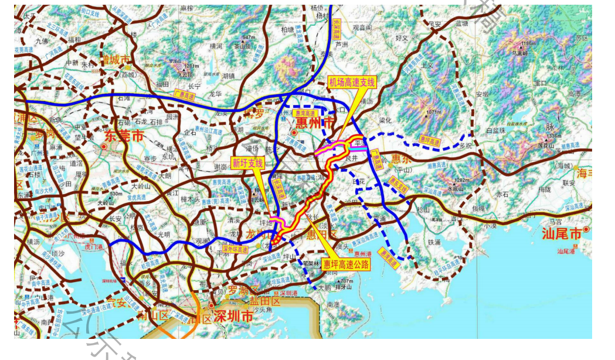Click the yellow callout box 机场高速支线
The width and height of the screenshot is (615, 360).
click(x=351, y=82)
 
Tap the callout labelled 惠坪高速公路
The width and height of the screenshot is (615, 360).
click(x=346, y=264)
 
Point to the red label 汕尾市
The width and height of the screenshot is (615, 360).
click(x=561, y=235)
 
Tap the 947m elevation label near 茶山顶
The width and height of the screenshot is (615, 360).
click(x=249, y=37)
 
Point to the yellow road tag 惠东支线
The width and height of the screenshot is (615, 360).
click(x=399, y=184)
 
